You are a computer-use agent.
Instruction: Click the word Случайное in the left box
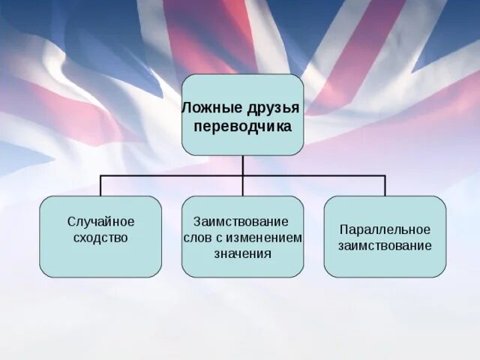coord(100,222)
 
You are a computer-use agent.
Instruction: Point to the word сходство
coord(100,238)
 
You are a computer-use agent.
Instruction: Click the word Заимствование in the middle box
coord(241,222)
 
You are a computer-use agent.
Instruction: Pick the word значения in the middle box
coord(241,253)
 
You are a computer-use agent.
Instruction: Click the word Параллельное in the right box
coord(385,229)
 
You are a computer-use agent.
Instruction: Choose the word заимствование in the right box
coord(385,245)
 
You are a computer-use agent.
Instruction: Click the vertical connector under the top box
coord(242,165)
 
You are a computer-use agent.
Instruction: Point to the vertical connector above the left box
coord(100,186)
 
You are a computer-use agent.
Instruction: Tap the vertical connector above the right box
coord(385,186)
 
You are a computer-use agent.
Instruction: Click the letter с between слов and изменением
coord(223,238)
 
